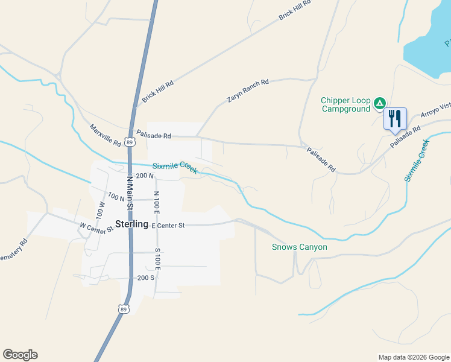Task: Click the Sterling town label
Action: pyautogui.click(x=131, y=224)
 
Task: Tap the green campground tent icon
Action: pyautogui.click(x=380, y=103)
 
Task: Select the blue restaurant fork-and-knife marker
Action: pyautogui.click(x=396, y=118)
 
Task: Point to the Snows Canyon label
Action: pyautogui.click(x=300, y=247)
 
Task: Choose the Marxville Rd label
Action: pyautogui.click(x=105, y=136)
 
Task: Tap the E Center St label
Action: pyautogui.click(x=168, y=225)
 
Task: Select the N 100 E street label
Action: pyautogui.click(x=156, y=203)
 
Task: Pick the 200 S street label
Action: pyautogui.click(x=146, y=278)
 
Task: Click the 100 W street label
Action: pyautogui.click(x=101, y=209)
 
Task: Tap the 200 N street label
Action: pyautogui.click(x=146, y=176)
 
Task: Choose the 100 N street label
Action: pyautogui.click(x=116, y=197)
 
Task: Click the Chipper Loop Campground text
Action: pyautogui.click(x=345, y=105)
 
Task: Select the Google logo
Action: pyautogui.click(x=20, y=355)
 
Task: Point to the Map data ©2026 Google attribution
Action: pyautogui.click(x=413, y=357)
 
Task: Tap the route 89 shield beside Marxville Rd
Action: pyautogui.click(x=130, y=142)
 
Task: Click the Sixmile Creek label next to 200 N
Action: pyautogui.click(x=175, y=167)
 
